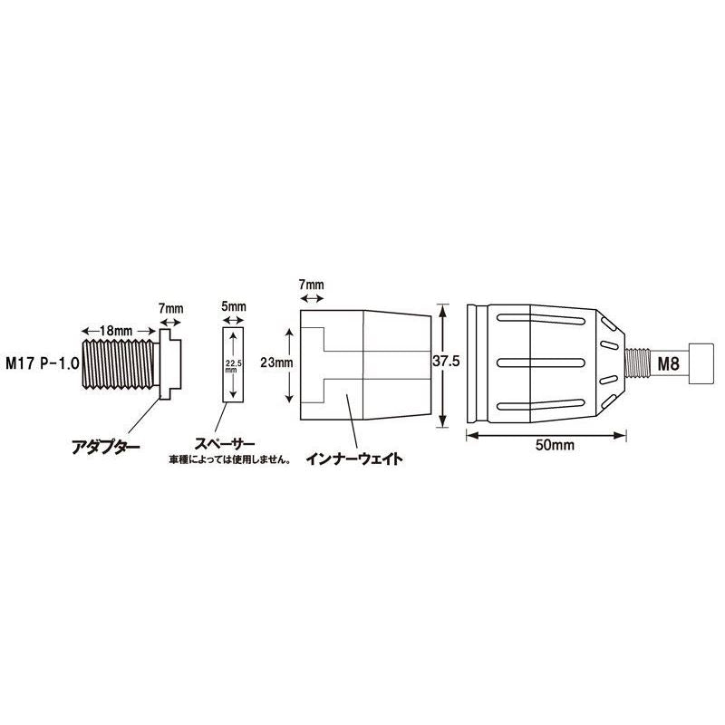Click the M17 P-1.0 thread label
42,363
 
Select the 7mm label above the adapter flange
170,308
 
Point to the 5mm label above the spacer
234,306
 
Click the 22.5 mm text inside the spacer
233,366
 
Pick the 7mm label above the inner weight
311,284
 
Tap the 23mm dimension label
276,362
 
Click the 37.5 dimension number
446,361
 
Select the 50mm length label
555,445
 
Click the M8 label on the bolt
669,364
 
